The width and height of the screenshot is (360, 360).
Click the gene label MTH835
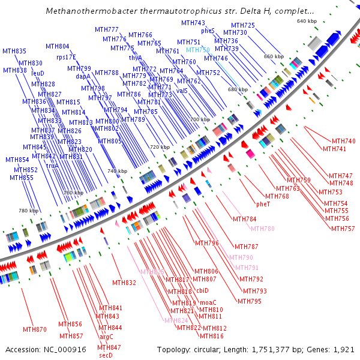tap(14, 51)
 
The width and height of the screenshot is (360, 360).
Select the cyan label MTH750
tap(197, 50)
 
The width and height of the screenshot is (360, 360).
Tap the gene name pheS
tap(208, 31)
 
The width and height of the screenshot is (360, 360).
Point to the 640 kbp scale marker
tap(307, 21)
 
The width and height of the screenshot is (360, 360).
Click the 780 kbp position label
tap(28, 211)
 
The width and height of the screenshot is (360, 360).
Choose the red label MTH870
tap(35, 329)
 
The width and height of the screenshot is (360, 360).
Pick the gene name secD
tap(106, 355)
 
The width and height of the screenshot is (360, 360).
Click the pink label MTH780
tap(262, 229)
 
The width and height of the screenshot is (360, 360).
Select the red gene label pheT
tap(263, 204)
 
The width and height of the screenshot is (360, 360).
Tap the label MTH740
tap(343, 141)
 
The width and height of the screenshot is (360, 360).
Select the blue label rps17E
tap(66, 57)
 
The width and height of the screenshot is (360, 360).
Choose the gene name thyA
tap(135, 58)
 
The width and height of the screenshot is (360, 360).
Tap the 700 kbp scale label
tap(199, 120)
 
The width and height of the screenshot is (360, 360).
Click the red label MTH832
tap(124, 283)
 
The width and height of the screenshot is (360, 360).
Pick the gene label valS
tap(182, 91)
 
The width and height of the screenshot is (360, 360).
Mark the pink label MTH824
tap(176, 320)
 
